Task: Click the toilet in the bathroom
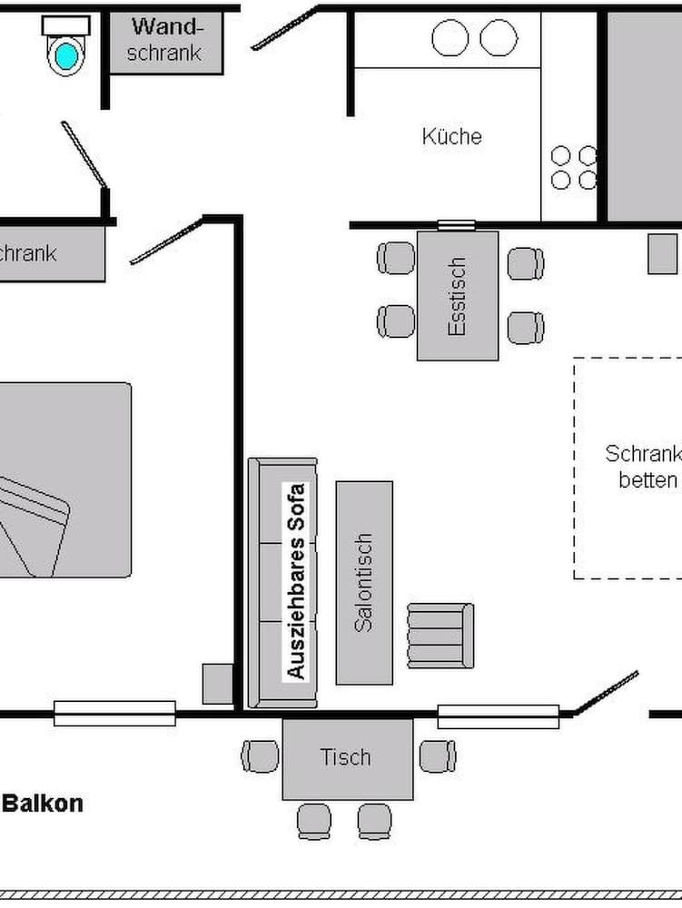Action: (x=65, y=49)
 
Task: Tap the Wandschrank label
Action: (x=164, y=40)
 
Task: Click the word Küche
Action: (x=451, y=136)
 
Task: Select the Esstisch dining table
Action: (x=458, y=296)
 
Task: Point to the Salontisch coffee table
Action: (x=364, y=582)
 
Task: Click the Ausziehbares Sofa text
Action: (x=296, y=581)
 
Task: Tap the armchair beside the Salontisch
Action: (x=440, y=635)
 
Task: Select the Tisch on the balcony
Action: (x=347, y=758)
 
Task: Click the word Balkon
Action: (x=44, y=804)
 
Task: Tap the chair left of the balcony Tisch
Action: (x=261, y=756)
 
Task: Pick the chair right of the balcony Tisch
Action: (x=438, y=756)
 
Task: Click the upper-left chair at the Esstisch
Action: (x=396, y=258)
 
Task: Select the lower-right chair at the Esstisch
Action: (x=526, y=328)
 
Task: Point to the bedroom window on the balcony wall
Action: (x=114, y=714)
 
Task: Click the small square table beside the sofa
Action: (x=218, y=684)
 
